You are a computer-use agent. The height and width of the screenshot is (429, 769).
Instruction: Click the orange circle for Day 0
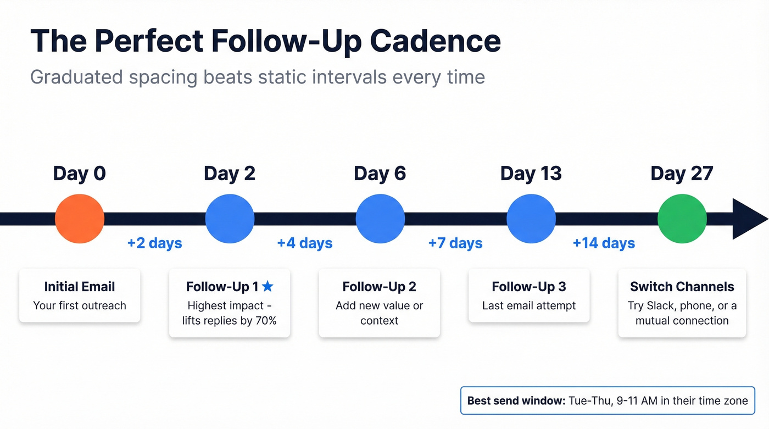(80, 219)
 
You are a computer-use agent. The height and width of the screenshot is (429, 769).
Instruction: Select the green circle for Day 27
(682, 219)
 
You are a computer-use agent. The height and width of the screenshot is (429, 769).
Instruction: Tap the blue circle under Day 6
(380, 219)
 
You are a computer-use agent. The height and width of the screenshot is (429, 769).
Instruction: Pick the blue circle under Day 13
(531, 219)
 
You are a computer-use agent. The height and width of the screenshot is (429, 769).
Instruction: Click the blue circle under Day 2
(230, 219)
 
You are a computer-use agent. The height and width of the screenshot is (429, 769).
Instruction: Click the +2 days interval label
(154, 243)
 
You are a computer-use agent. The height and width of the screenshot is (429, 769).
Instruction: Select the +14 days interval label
(604, 243)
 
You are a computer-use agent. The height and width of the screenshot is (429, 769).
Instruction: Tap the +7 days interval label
(455, 243)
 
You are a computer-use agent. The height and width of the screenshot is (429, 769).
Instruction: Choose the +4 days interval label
(305, 243)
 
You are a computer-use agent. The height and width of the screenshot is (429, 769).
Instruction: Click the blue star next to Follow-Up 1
(268, 286)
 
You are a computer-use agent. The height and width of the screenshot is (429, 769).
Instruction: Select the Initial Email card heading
(80, 287)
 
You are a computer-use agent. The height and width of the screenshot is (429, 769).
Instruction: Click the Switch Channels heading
(682, 287)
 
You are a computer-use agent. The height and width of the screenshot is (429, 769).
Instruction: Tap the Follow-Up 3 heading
(529, 287)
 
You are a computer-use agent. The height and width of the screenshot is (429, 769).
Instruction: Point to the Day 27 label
(682, 174)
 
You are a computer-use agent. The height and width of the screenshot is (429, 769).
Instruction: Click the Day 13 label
(531, 174)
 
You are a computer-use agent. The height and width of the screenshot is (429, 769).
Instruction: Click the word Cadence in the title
(435, 41)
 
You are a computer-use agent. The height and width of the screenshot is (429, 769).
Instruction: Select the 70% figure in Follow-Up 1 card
(265, 320)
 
